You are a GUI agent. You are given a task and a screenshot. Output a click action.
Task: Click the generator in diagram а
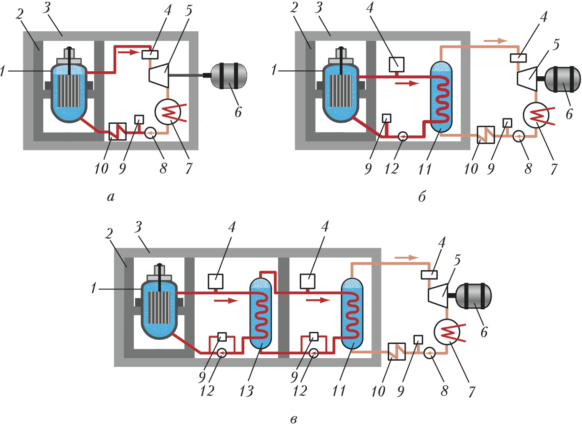(x=229, y=75)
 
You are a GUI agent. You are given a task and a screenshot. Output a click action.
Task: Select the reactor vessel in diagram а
(x=69, y=93)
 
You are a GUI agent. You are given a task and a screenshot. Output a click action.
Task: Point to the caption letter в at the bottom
(x=294, y=419)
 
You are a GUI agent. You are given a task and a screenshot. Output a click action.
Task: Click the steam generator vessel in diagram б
(x=441, y=96)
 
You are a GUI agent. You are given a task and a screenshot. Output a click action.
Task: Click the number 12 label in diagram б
(x=391, y=169)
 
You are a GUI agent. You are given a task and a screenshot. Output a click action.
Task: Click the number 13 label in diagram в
(x=246, y=391)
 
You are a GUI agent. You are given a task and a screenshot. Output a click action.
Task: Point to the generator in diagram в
(x=473, y=296)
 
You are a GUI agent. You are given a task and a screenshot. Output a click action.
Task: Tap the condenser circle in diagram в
(x=447, y=332)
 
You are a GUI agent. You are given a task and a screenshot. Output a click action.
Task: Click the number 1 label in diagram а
(x=3, y=71)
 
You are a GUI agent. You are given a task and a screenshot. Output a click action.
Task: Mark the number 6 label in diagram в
(x=484, y=332)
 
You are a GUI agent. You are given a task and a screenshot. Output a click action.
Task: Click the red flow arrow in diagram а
(x=128, y=53)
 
